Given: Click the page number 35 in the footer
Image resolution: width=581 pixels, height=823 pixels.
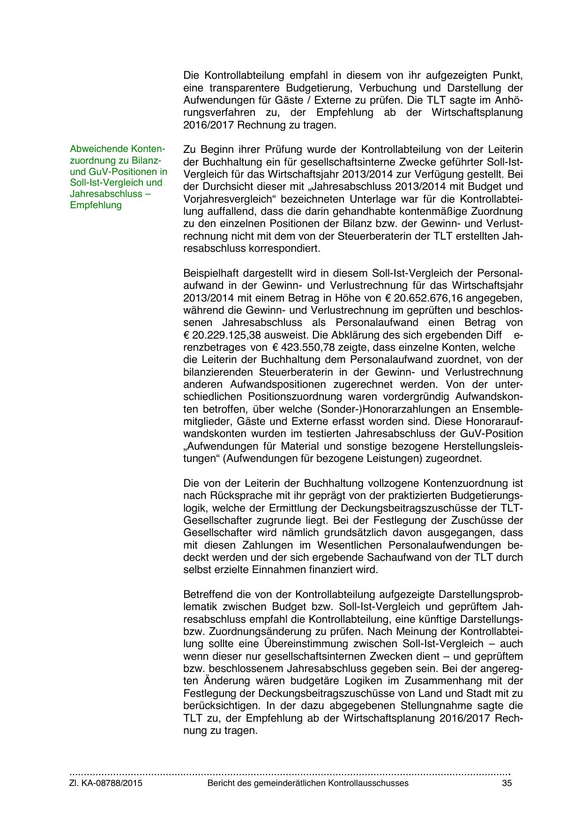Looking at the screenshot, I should click(507, 783).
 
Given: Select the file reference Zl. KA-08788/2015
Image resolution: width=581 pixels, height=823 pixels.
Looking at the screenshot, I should click(106, 783).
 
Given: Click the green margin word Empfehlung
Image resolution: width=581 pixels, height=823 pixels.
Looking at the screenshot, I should click(96, 205).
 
